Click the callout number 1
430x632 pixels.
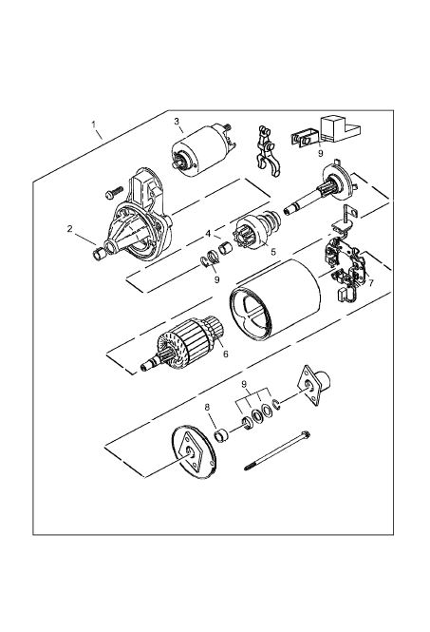(93, 124)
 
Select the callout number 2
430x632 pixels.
(69, 228)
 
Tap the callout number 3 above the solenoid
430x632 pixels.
(177, 121)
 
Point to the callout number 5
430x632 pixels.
(273, 252)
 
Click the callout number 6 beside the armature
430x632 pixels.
(226, 354)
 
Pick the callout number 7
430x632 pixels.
(371, 282)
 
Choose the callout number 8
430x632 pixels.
(207, 408)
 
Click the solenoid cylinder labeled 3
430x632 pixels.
(203, 150)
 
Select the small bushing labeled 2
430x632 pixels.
(99, 255)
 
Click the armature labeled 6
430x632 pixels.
(182, 343)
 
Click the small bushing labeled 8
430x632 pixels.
(221, 436)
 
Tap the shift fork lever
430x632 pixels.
(266, 150)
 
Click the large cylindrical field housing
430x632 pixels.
(275, 298)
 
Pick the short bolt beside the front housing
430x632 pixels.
(114, 192)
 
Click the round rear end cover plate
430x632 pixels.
(194, 452)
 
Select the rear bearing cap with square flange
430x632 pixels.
(314, 384)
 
